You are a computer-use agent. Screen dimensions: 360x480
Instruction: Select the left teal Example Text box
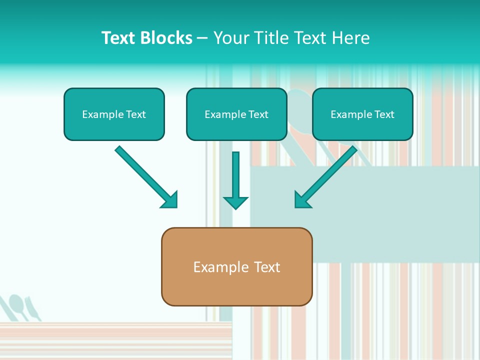(114, 114)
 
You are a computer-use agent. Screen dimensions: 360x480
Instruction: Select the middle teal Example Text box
(236, 114)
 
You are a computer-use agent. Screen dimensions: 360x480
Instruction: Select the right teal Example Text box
(362, 114)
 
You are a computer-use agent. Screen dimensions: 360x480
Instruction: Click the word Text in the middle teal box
(258, 114)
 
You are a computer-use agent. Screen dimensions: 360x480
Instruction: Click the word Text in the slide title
(119, 38)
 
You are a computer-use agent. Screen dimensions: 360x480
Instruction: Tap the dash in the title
(202, 38)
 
